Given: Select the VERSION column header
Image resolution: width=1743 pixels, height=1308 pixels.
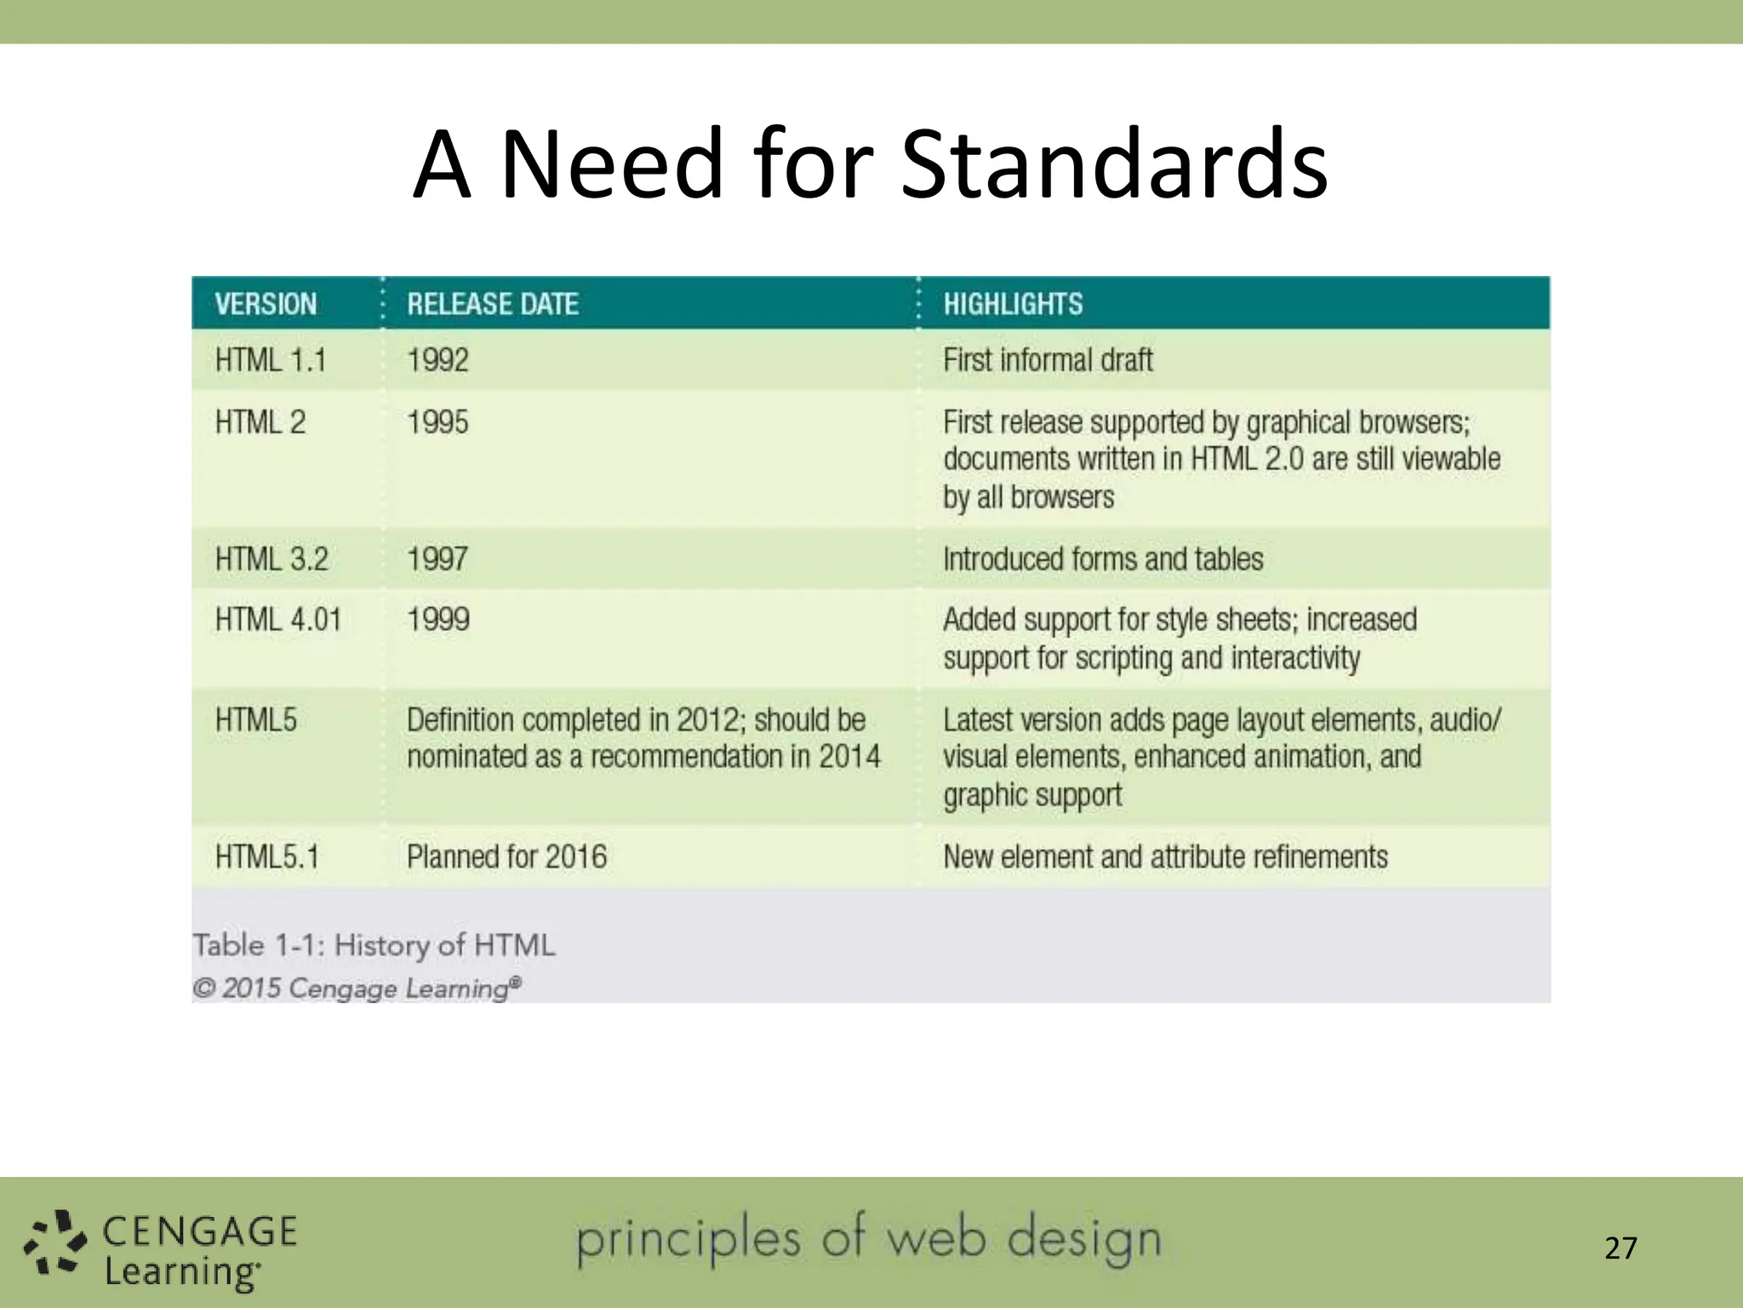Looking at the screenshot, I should point(266,304).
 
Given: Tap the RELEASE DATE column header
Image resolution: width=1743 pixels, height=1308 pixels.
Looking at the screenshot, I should point(493,304).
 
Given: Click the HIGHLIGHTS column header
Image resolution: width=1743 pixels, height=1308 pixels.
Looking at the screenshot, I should point(1013,304).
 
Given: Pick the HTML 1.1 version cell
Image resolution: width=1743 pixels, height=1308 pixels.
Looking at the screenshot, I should point(271,360).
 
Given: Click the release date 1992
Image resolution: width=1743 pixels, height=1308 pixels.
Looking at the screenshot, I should point(437,360).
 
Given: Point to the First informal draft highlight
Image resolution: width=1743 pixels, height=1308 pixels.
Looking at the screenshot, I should point(1048,360).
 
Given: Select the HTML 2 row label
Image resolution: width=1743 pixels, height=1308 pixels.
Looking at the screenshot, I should point(260,422).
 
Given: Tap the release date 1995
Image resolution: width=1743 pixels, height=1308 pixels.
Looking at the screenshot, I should point(437,422).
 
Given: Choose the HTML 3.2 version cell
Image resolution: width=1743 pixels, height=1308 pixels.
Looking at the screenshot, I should point(271,559).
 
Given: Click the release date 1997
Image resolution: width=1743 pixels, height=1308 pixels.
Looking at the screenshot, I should point(437,559).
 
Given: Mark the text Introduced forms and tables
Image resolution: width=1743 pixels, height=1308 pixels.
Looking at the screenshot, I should point(1103,559).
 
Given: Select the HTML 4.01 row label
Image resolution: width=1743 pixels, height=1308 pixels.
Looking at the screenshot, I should point(278,620).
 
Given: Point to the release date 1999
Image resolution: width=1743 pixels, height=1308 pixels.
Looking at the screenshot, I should point(438,620).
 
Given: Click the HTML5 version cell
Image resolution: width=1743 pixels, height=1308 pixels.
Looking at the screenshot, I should point(256,720).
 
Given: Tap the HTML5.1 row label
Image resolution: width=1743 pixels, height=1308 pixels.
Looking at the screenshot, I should point(267,857).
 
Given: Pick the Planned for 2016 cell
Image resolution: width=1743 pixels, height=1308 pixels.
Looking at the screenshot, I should point(506,857).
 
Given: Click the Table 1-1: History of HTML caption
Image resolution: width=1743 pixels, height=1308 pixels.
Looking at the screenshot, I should point(374,945).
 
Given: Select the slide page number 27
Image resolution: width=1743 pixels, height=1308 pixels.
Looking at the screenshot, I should point(1620,1248).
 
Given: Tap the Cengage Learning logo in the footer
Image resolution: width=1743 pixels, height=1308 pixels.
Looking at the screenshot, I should point(162,1250).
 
